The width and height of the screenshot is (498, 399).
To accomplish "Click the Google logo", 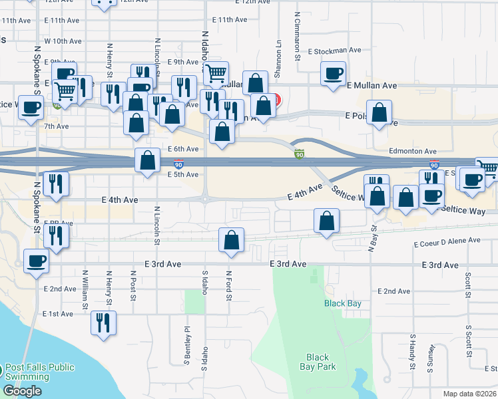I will point(22,392).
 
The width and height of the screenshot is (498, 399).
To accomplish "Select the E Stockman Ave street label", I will point(334,50).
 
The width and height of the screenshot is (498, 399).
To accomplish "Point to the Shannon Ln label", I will point(275,51).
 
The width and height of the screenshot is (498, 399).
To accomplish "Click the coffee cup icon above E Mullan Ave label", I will point(333,73).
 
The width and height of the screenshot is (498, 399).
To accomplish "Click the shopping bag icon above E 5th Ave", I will point(147,160).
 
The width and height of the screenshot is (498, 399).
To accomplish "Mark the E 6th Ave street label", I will point(183,149).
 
